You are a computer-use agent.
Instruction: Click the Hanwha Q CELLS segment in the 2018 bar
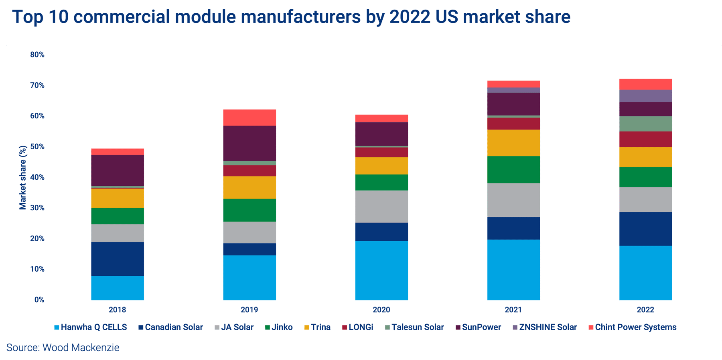[x=118, y=288]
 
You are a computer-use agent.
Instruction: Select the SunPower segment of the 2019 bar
[x=249, y=143]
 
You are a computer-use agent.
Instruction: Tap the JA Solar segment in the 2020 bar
[x=381, y=207]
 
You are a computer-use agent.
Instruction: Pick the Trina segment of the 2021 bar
[x=513, y=143]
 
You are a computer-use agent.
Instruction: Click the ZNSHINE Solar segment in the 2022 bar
[x=646, y=96]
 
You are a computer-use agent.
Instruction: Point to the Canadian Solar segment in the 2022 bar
[x=646, y=229]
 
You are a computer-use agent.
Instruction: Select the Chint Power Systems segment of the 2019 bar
[x=249, y=118]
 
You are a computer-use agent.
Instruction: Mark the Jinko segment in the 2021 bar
[x=513, y=170]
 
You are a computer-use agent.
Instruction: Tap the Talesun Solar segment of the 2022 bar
[x=646, y=124]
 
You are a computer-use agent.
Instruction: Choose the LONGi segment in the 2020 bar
[x=381, y=153]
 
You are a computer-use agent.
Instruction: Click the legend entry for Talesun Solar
[x=414, y=327]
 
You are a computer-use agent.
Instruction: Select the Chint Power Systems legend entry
[x=632, y=327]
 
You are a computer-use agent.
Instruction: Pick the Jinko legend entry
[x=279, y=327]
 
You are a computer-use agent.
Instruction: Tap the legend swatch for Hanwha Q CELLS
[x=57, y=327]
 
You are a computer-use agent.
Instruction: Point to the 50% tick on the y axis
[x=37, y=147]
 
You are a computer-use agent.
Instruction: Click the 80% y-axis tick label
[x=37, y=55]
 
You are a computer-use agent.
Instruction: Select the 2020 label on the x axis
[x=381, y=310]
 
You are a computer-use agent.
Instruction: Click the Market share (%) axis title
[x=23, y=177]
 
